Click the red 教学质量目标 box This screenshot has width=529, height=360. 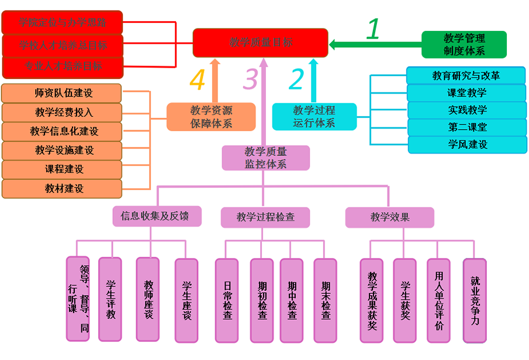click(261, 43)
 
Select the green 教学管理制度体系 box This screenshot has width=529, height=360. click(464, 44)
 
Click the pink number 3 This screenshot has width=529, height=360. click(250, 79)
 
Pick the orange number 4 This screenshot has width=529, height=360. click(198, 79)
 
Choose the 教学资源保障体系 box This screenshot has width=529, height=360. click(211, 116)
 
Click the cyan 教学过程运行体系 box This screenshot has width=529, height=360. click(314, 116)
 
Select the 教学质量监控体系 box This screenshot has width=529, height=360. click(265, 158)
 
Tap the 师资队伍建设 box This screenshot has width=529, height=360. click(62, 93)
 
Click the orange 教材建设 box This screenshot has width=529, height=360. click(62, 189)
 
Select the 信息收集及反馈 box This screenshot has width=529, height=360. click(150, 216)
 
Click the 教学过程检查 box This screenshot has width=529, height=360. click(265, 217)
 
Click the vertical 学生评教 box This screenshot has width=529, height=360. click(110, 299)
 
